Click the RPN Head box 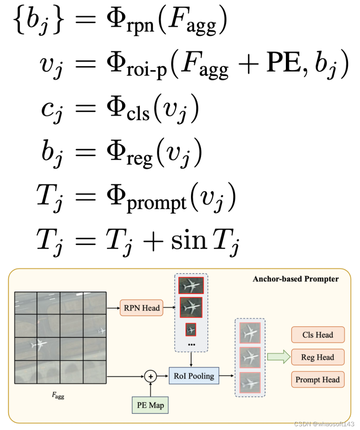tap(141, 308)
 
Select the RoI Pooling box tap(194, 376)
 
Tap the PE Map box tap(150, 405)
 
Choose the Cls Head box tap(318, 335)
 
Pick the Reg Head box tap(318, 357)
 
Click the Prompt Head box tap(318, 380)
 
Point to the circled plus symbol tap(151, 376)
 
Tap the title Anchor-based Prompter tap(295, 279)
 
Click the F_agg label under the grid tap(58, 395)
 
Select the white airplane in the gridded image tap(38, 345)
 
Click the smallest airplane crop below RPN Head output tap(191, 329)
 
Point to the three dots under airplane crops tap(191, 345)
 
